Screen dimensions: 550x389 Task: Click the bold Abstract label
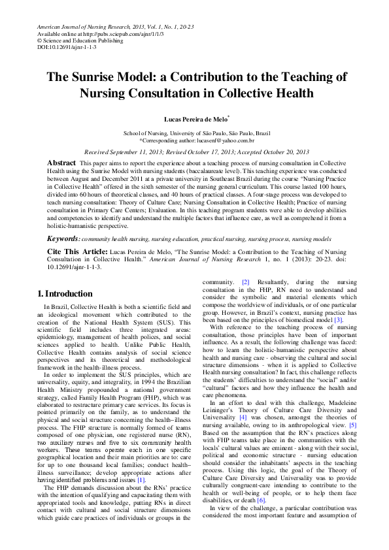(x=61, y=161)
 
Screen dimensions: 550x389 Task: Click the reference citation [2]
(x=245, y=282)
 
